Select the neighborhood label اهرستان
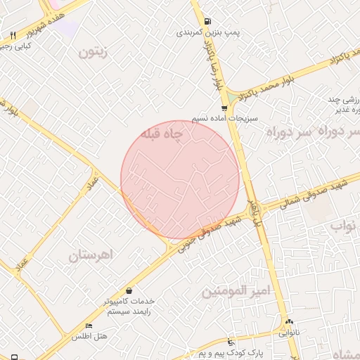pos(91,256)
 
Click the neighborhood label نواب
pos(345,226)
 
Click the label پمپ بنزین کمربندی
pos(207,32)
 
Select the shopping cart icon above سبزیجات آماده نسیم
pos(224,108)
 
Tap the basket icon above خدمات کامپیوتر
pos(129,290)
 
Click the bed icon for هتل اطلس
pos(89,326)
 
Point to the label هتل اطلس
pos(89,337)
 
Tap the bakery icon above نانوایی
pos(288,321)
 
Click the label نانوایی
pos(288,332)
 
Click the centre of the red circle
pos(180,180)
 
